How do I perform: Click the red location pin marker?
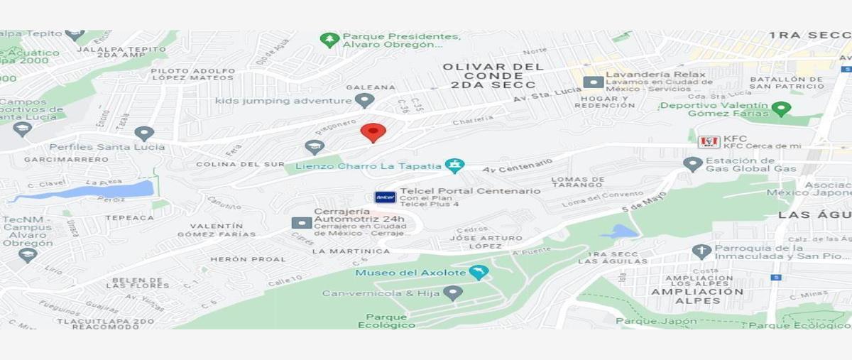tap(373, 132)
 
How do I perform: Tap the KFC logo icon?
tap(709, 141)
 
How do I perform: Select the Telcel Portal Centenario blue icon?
tap(386, 197)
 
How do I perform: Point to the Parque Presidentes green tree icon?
tap(329, 40)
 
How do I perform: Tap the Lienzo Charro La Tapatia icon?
tap(455, 165)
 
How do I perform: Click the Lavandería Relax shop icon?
tap(593, 82)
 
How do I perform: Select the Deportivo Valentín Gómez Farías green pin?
tap(781, 109)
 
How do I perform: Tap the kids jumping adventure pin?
tap(364, 101)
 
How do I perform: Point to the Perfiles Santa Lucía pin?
tap(144, 133)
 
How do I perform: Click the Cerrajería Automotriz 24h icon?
tap(301, 222)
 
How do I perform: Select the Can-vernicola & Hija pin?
tap(452, 293)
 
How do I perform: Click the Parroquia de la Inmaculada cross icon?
tap(701, 251)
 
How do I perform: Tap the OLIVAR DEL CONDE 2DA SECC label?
tap(493, 76)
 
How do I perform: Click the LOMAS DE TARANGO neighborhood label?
tap(578, 182)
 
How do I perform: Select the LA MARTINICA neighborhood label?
tap(351, 251)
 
